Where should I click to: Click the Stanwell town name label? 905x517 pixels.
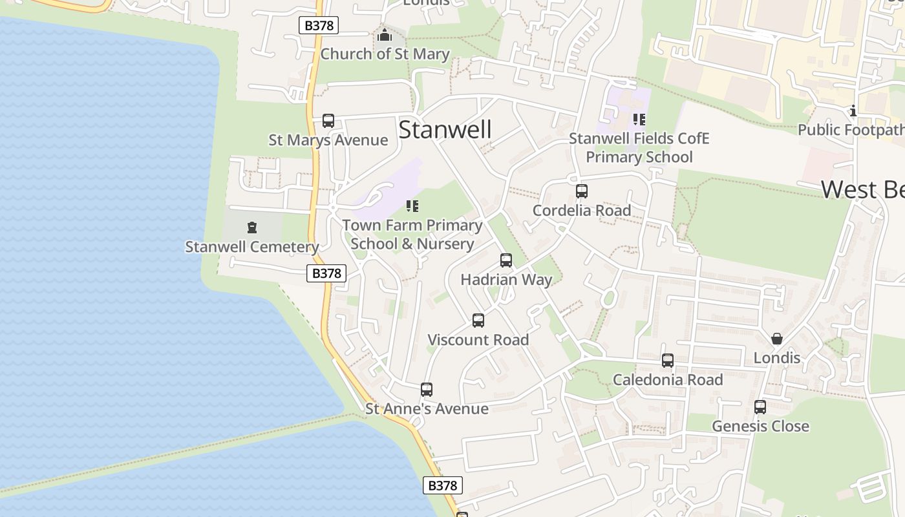coord(445,130)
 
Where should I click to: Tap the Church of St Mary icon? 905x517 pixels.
coord(385,35)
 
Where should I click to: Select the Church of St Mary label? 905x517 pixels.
coord(385,54)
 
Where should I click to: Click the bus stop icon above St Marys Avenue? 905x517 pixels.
coord(328,121)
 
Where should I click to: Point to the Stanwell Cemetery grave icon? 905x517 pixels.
coord(251,227)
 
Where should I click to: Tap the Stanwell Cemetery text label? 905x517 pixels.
coord(251,247)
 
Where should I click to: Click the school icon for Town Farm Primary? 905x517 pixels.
coord(412,206)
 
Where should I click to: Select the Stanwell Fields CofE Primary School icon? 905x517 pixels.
coord(639,120)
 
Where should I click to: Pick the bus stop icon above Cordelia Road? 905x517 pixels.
coord(582,191)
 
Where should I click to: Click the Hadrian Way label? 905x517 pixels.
coord(506,280)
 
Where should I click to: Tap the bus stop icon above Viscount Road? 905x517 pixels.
coord(478,321)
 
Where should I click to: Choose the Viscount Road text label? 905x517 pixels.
coord(478,340)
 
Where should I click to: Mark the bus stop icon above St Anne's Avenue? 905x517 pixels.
coord(427,390)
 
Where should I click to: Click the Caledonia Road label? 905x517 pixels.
coord(668,380)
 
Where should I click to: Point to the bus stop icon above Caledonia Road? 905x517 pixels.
coord(668,361)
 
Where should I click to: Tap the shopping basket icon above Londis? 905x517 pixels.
coord(777,339)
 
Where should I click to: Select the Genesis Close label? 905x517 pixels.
coord(760,427)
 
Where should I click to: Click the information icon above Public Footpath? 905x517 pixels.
coord(853,111)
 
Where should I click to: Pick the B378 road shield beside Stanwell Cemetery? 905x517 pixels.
coord(326,273)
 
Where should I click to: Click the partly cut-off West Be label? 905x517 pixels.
coord(862,190)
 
